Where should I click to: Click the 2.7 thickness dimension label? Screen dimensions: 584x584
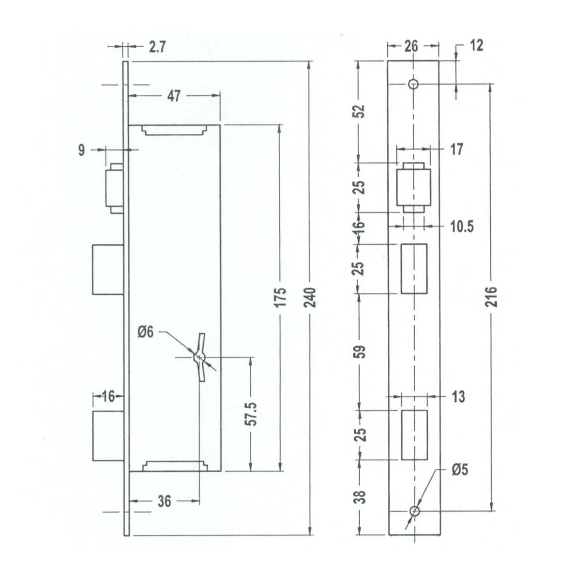pos(157,47)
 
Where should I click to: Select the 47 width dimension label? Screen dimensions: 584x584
pos(174,96)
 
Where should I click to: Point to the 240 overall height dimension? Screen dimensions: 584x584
pos(310,297)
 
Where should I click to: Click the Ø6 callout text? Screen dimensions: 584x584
pos(146,332)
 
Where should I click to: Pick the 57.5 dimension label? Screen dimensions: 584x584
pos(251,414)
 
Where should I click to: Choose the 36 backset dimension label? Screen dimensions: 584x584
pos(164,501)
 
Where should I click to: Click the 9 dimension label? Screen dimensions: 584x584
pos(82,150)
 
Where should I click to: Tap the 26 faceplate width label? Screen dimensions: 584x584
pos(411,46)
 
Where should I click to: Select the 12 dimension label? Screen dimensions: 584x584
pos(476,46)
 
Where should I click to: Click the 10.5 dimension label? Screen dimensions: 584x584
pos(462,226)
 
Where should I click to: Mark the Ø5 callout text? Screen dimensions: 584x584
pos(460,470)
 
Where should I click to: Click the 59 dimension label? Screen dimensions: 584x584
pos(360,352)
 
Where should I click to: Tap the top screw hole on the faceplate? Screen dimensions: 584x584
pos(413,84)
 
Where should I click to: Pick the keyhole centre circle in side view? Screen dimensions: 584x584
pos(199,357)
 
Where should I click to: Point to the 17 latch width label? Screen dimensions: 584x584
pos(457,149)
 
